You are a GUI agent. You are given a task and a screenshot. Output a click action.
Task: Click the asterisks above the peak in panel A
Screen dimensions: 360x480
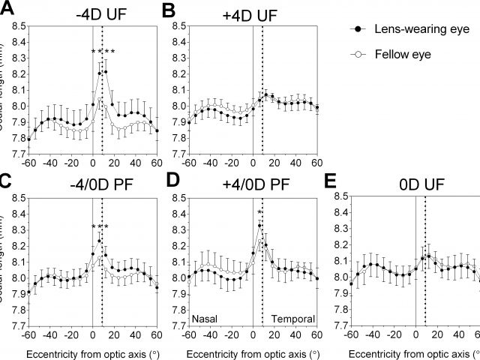coord(103,52)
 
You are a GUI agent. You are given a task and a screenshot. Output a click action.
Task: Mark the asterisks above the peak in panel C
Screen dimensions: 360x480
coord(100,227)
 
